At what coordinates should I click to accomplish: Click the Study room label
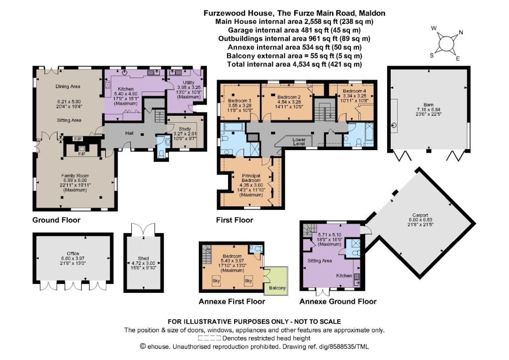pos(185,129)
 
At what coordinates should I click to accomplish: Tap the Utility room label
pos(188,83)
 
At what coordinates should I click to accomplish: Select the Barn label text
pos(428,105)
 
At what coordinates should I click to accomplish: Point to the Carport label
pos(421,215)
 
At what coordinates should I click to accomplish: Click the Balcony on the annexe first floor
pos(277,287)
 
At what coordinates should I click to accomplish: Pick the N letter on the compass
pos(461,32)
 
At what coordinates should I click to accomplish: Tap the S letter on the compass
pos(432,56)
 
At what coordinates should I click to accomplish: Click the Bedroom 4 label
pos(354,91)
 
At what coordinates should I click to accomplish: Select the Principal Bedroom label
pos(251,178)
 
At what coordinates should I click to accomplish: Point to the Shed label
pos(143,259)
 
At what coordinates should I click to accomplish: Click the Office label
pos(73,254)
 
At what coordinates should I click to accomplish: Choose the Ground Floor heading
pos(56,220)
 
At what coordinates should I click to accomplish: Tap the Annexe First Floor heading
pos(232,301)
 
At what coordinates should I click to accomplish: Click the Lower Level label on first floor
pos(299,142)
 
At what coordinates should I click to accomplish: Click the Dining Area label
pos(68,87)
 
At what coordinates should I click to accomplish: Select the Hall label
pos(129,133)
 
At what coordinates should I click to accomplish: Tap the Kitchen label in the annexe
pos(344,275)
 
